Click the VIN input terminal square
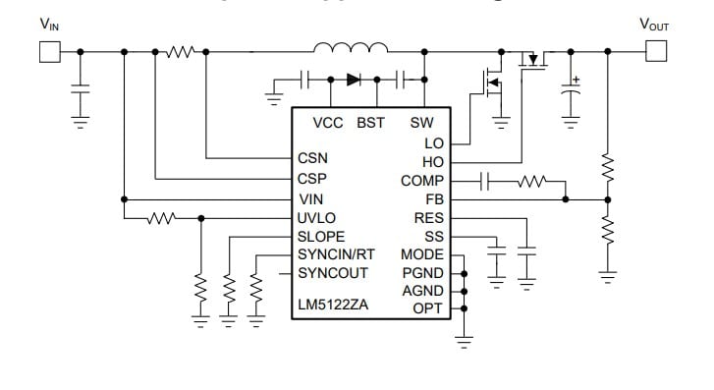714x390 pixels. coord(49,51)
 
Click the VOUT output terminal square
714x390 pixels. coord(654,51)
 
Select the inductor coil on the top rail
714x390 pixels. coord(350,47)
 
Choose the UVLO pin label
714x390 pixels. coord(316,218)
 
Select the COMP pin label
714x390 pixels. coord(422,181)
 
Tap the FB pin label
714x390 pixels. coord(434,199)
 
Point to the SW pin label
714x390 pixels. coord(421,123)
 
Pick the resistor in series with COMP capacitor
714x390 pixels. coord(532,181)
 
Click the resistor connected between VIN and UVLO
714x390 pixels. coord(161,218)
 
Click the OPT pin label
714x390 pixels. coord(429,308)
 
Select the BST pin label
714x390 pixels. coord(370,123)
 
